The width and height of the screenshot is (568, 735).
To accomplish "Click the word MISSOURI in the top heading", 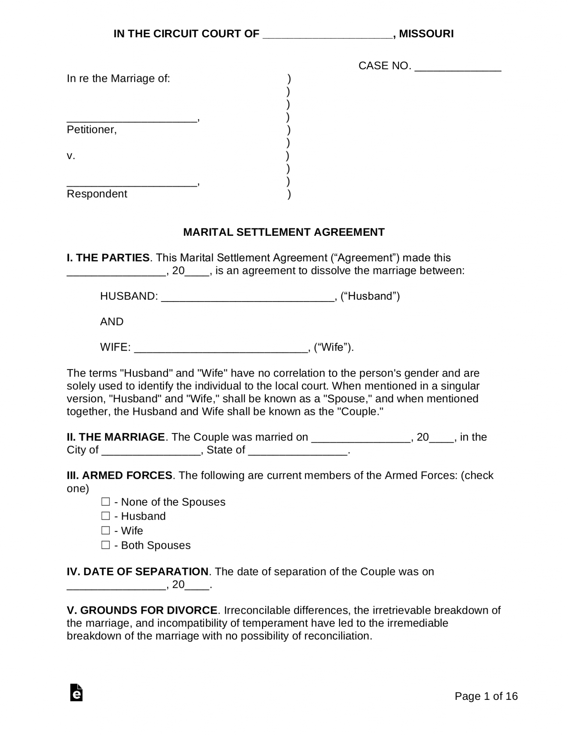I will pos(426,34).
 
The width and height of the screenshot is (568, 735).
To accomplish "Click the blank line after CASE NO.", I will pos(458,68).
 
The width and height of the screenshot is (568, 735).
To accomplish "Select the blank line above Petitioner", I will pos(132,120).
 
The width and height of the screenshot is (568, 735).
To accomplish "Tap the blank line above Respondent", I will pos(132,184).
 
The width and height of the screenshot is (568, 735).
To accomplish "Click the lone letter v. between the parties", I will pos(71,156).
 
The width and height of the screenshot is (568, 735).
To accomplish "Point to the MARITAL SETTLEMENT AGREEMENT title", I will pos(284,232).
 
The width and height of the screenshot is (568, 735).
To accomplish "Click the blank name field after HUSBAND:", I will pos(248,299).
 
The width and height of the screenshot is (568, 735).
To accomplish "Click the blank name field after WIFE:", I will pos(221,350).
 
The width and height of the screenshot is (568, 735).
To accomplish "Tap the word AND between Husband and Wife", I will pos(112,322).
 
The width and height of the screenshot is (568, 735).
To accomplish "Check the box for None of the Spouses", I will pos(105,501).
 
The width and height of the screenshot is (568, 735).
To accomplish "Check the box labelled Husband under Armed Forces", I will pos(105,516).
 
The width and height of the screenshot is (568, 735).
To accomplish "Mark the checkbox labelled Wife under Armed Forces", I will pos(105,530).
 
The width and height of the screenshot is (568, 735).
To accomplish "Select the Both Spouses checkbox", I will pos(105,545).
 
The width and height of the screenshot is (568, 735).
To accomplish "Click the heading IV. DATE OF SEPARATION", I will pos(137,571).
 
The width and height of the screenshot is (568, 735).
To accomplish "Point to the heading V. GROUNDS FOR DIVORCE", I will pos(142,610).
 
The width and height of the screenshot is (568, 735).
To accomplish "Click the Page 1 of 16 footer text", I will pos(486,696).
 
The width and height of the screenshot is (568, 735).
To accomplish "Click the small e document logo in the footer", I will pos(76,693).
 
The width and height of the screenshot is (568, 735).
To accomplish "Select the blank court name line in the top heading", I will pos(328,36).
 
